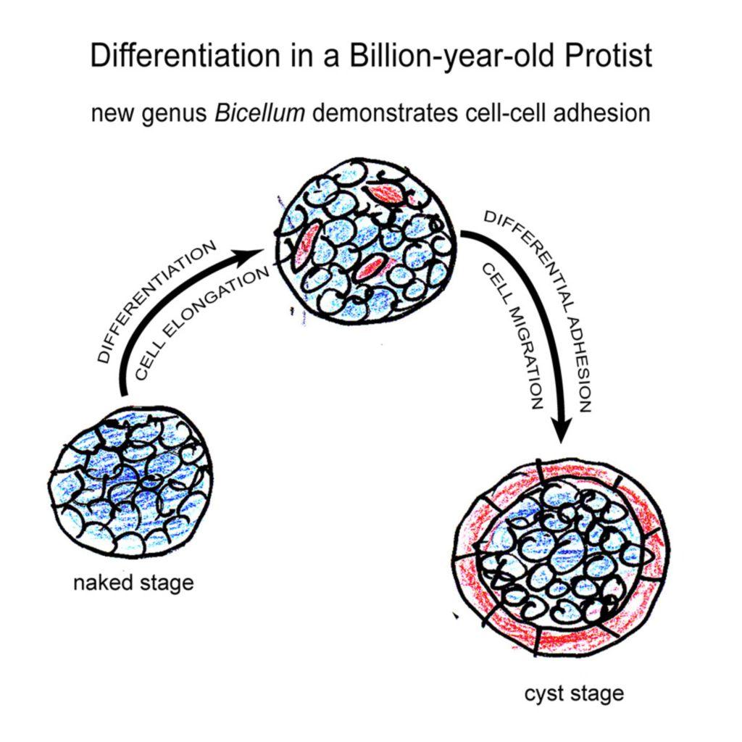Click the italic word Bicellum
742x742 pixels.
tap(259, 114)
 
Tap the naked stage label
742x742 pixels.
tap(133, 583)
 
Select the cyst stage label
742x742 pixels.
tap(574, 693)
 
